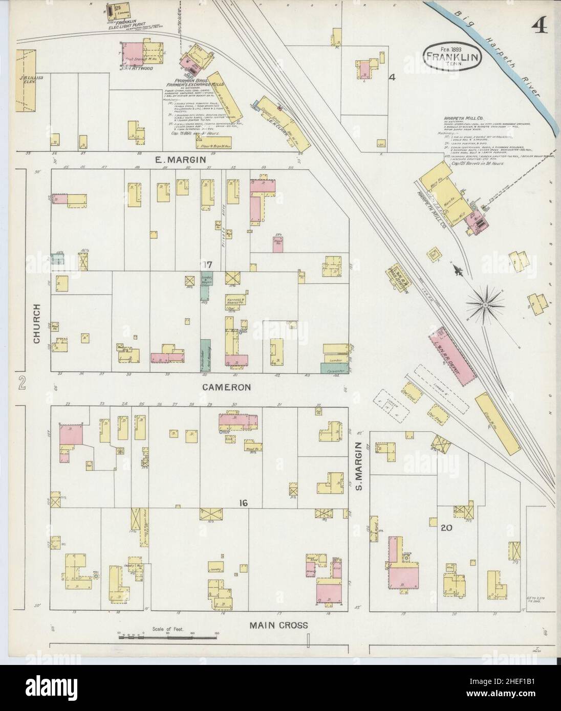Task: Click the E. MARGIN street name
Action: pos(181,160)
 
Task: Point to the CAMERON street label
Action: pos(226,387)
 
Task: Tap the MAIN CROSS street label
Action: pos(278,625)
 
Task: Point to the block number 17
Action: pos(207,264)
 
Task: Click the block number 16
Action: pos(243,503)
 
